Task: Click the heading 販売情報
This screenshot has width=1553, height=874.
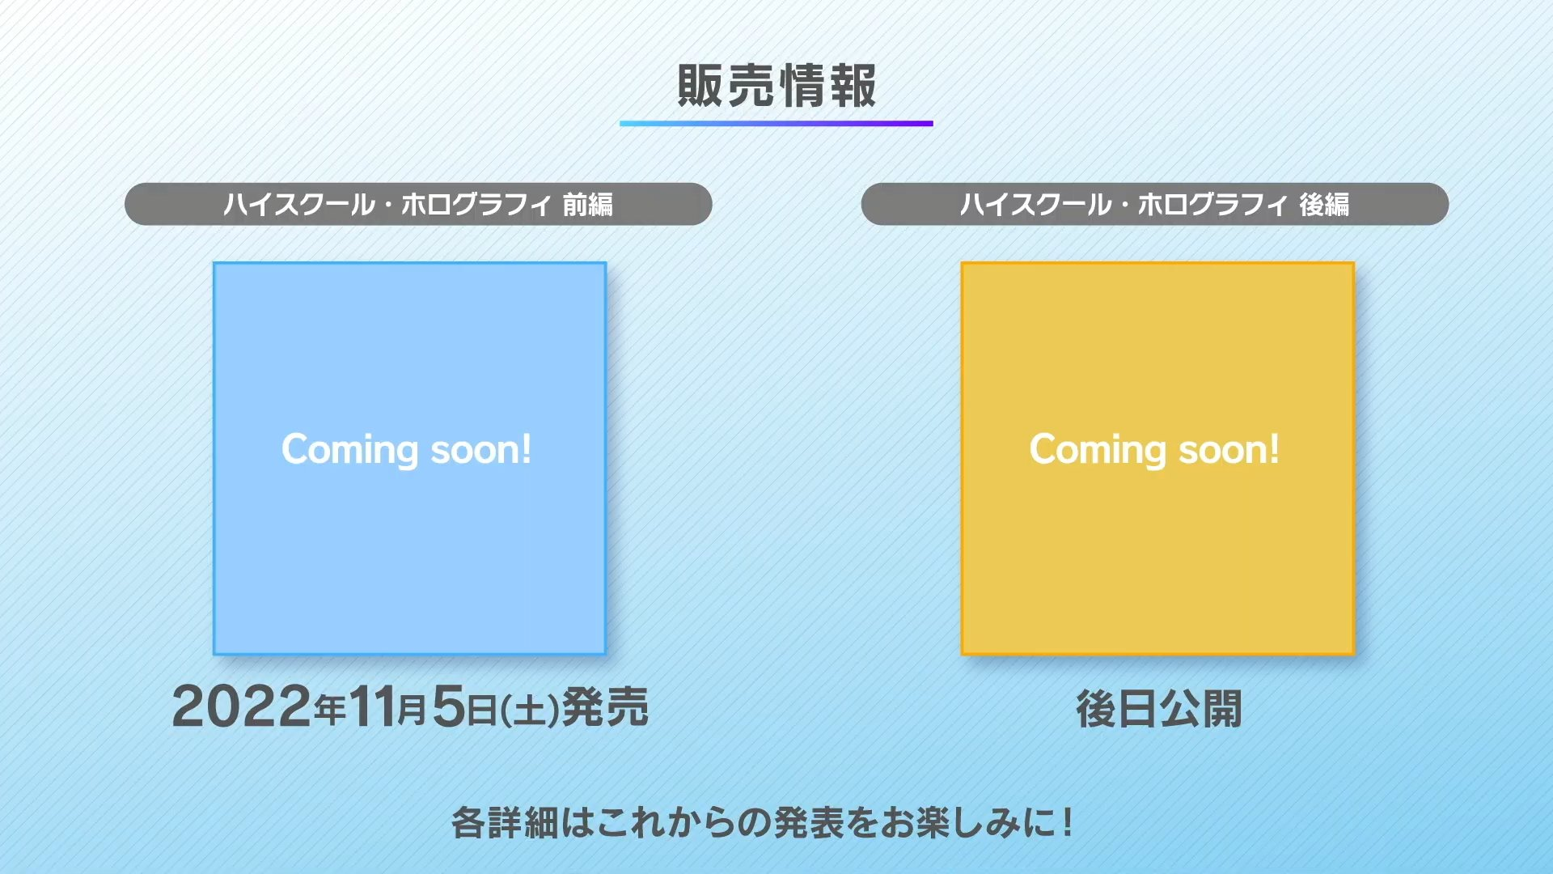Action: [x=776, y=86]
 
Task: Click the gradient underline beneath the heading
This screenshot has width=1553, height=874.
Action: [x=776, y=124]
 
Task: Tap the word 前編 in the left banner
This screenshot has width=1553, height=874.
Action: [x=588, y=205]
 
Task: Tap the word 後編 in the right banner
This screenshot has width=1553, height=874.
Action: [x=1324, y=205]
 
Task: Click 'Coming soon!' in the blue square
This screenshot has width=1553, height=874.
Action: [x=407, y=450]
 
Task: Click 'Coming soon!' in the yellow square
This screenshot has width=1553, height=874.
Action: [x=1155, y=450]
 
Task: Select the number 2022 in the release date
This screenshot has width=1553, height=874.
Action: [x=242, y=706]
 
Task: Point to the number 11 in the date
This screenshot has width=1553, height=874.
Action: [x=371, y=706]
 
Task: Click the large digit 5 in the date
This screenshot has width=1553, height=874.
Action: [x=449, y=706]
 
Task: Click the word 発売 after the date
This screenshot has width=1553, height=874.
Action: [x=605, y=707]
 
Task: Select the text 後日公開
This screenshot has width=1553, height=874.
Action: [x=1158, y=710]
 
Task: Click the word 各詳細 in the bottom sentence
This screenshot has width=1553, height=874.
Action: [x=504, y=823]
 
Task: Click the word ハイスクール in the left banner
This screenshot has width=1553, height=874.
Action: [x=299, y=205]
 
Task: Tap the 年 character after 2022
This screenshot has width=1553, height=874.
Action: [x=330, y=711]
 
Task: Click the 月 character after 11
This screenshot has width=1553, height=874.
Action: [x=412, y=711]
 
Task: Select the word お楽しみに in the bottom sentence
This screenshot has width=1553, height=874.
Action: [x=968, y=823]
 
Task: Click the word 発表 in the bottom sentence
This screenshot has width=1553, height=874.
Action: [x=809, y=823]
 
